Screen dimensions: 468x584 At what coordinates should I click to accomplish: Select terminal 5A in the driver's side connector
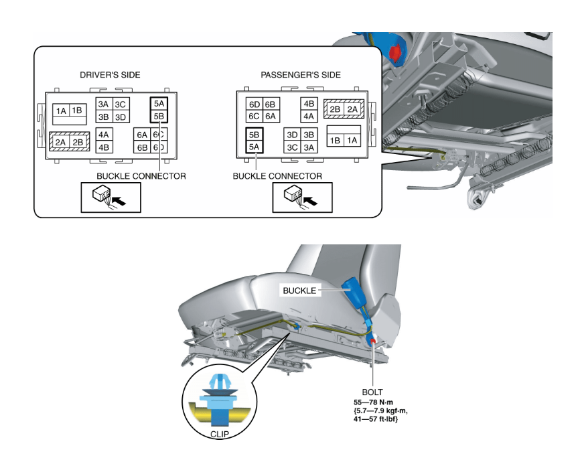pos(159,104)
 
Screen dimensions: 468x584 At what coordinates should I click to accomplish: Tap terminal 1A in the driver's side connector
pos(61,110)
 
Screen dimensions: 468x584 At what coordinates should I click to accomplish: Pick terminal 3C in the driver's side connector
pos(120,104)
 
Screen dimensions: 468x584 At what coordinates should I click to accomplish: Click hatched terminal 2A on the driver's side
pos(60,142)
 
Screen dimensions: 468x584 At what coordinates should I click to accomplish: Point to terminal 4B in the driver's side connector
pos(104,147)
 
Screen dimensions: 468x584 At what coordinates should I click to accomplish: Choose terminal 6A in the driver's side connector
pos(142,135)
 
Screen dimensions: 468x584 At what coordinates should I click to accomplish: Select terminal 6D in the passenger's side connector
pos(254,104)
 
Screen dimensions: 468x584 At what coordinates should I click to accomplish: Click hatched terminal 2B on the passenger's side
pos(335,109)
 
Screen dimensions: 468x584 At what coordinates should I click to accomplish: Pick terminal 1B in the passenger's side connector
pos(335,140)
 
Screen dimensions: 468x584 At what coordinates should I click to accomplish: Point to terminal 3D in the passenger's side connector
pos(293,135)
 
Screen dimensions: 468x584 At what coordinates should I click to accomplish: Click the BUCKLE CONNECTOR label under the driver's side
pos(141,176)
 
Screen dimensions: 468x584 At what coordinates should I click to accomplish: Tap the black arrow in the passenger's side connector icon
pos(310,200)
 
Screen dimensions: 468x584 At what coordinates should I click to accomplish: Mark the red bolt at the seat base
pos(373,341)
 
